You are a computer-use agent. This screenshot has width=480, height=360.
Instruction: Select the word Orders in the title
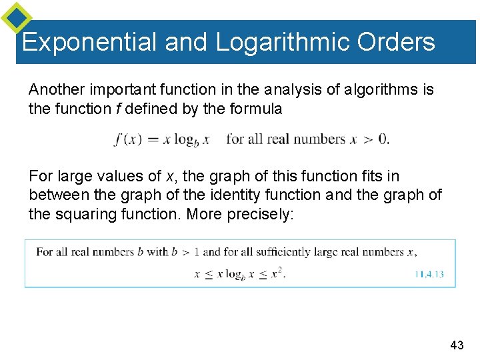click(x=396, y=42)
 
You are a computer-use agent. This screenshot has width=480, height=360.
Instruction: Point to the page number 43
click(x=457, y=345)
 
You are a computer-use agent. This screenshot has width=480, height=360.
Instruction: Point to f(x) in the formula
click(x=127, y=139)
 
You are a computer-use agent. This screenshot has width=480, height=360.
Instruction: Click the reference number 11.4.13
click(x=429, y=273)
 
